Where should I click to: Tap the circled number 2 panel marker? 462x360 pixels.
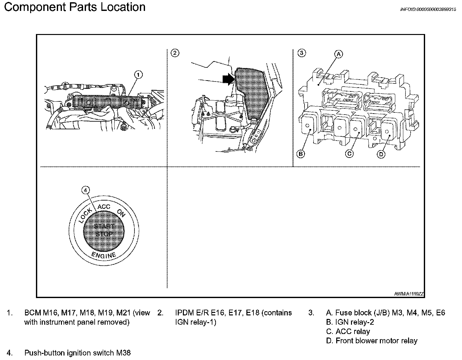[175, 53]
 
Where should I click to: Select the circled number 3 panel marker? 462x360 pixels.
[301, 53]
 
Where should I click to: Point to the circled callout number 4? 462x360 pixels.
[85, 190]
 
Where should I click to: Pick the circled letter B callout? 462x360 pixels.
[301, 154]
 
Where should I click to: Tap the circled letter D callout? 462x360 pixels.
[381, 154]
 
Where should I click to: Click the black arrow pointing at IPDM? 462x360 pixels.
[228, 79]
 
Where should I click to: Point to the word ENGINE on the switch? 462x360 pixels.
[103, 255]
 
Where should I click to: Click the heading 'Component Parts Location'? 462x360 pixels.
[75, 7]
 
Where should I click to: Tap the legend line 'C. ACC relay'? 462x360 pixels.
[348, 331]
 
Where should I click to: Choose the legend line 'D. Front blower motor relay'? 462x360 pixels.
[372, 341]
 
